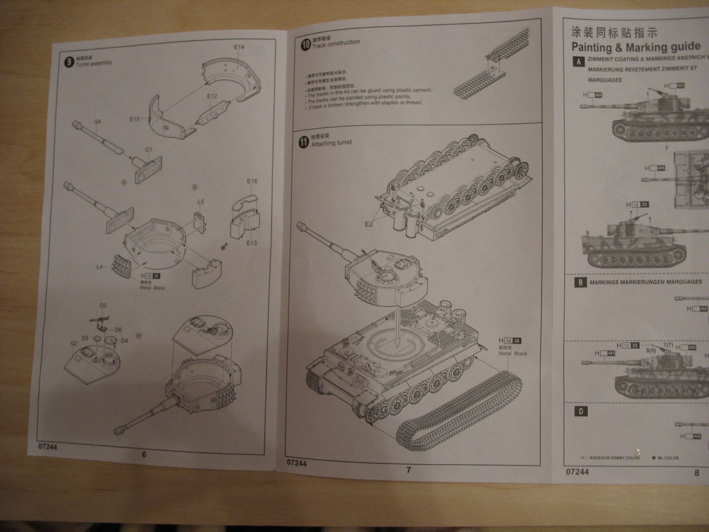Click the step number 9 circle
tap(69, 62)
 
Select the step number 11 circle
tap(304, 141)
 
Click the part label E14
tap(239, 47)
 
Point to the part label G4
tap(98, 122)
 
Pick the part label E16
tap(252, 181)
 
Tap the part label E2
tap(370, 224)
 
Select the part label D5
tap(103, 305)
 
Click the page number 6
tap(144, 454)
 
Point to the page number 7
tap(409, 470)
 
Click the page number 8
tap(697, 472)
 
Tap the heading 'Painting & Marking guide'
tap(636, 48)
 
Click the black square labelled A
tap(578, 62)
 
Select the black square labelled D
tap(581, 411)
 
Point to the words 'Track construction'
tap(336, 44)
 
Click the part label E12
tap(212, 96)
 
